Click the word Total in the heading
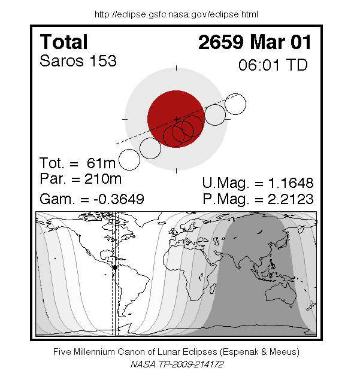click(x=63, y=42)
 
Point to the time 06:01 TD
click(x=273, y=65)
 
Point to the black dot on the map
click(x=115, y=267)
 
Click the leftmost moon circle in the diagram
click(x=129, y=160)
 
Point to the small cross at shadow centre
click(x=176, y=120)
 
